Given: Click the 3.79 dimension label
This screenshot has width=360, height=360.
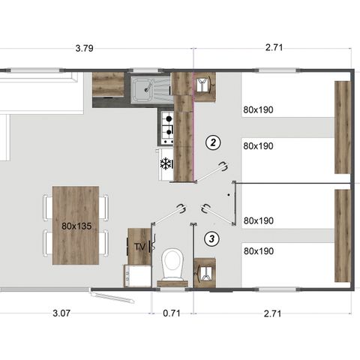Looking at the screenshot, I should coord(85,49).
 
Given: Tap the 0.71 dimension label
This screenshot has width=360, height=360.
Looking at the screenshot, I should coord(172,313).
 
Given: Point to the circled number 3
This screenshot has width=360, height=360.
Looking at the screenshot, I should coord(212,239).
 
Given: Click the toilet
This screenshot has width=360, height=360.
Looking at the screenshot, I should coord(172,264).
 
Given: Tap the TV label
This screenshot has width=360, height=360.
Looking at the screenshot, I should coord(139,246).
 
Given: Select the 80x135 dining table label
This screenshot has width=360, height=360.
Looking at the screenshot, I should coord(76,225).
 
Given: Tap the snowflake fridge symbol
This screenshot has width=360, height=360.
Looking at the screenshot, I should coord(166,163).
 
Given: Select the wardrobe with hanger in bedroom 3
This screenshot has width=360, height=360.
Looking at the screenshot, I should coord(205,271).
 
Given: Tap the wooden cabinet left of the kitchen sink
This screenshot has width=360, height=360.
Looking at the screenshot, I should coord(108,84).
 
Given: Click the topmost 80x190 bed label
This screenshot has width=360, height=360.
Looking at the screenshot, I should coord(259,109).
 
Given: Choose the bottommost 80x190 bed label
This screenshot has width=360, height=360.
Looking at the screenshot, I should coord(259,250).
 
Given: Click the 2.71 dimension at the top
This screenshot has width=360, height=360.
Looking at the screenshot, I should coord(274,49).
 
